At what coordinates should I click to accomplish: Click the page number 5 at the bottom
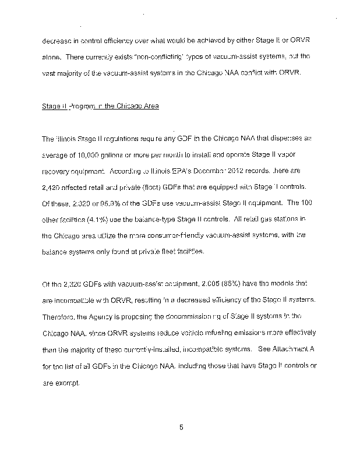(181, 427)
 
